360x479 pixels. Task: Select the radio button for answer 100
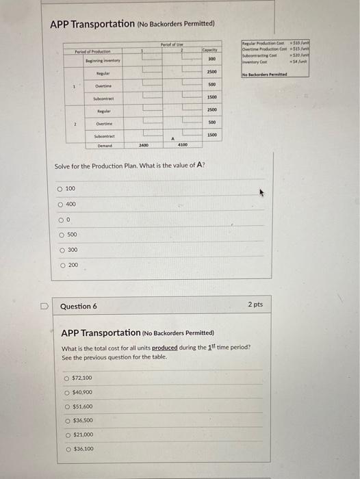click(x=60, y=187)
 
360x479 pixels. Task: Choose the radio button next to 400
click(x=60, y=203)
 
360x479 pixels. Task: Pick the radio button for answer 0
click(x=60, y=220)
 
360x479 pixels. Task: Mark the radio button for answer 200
click(x=60, y=265)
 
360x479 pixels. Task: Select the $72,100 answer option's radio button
click(x=66, y=378)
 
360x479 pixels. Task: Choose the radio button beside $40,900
click(x=66, y=392)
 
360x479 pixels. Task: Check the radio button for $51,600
click(x=66, y=406)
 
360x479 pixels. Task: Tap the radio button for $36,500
click(x=66, y=420)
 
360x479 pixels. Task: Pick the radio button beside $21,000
click(x=66, y=435)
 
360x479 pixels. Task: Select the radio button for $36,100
click(x=66, y=449)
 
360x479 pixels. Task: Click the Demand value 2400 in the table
click(x=144, y=145)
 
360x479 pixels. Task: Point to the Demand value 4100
click(x=182, y=145)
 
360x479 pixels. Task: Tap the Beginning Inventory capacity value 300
click(x=212, y=59)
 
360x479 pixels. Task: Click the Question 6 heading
click(x=79, y=306)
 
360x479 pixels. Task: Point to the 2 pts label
click(x=253, y=304)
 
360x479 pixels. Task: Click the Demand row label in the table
click(x=105, y=145)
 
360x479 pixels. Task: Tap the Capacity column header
click(x=210, y=50)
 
